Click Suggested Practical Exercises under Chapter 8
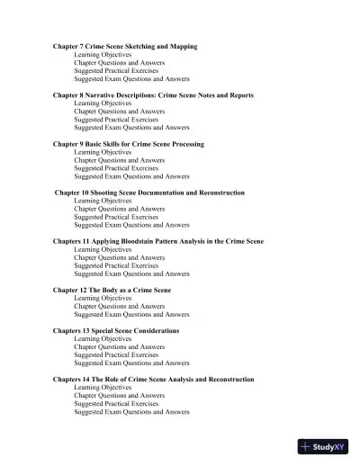click(x=119, y=120)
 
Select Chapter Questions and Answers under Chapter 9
click(x=119, y=160)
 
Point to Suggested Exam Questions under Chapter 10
click(x=131, y=225)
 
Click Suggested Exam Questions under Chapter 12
click(x=131, y=315)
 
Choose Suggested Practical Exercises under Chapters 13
click(x=119, y=355)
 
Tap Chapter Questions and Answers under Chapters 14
click(x=119, y=396)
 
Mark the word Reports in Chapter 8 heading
click(x=261, y=94)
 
